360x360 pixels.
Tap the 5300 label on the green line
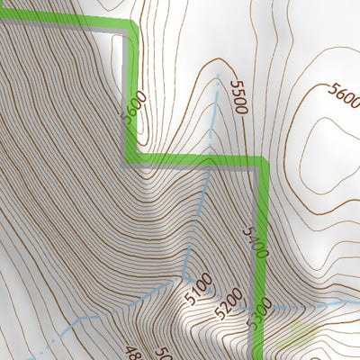point(262,307)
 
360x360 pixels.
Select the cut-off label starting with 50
point(163,353)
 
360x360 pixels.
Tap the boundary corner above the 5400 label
point(264,163)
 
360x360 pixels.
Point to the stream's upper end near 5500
point(218,77)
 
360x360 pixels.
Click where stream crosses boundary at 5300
point(262,310)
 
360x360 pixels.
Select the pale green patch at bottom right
point(301,340)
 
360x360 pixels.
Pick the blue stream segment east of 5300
point(306,307)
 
